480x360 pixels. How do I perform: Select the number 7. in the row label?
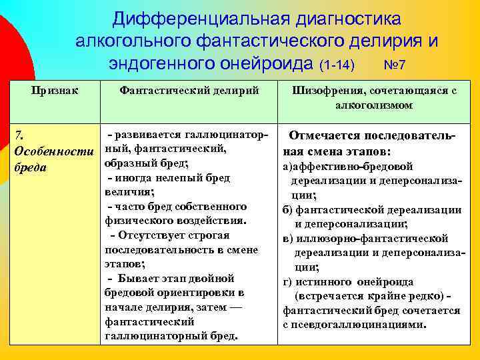pyautogui.click(x=19, y=137)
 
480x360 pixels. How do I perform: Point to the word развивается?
pyautogui.click(x=149, y=136)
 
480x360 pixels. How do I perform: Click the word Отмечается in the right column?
pyautogui.click(x=324, y=137)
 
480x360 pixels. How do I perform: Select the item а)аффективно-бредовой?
pyautogui.click(x=347, y=166)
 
